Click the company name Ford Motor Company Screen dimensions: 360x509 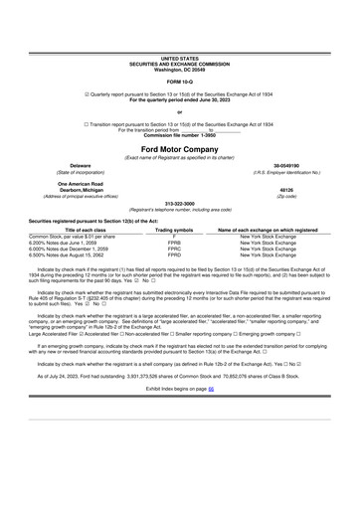coord(179,148)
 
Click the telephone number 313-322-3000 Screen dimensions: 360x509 coord(179,205)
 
